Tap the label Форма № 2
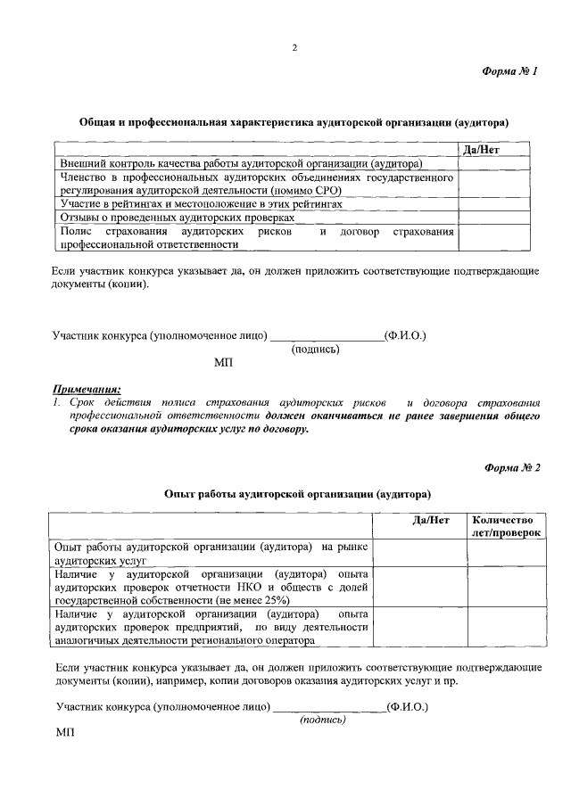point(512,466)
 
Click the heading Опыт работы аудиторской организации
point(298,492)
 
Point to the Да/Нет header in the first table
point(482,150)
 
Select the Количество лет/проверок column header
point(503,527)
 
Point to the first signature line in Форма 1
point(326,336)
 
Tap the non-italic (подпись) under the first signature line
point(315,350)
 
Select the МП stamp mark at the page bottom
point(65,732)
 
